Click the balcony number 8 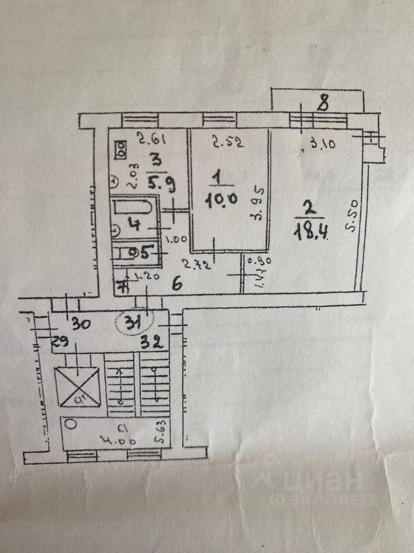[324, 104]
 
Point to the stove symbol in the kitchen [121, 151]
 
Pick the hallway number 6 [178, 282]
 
